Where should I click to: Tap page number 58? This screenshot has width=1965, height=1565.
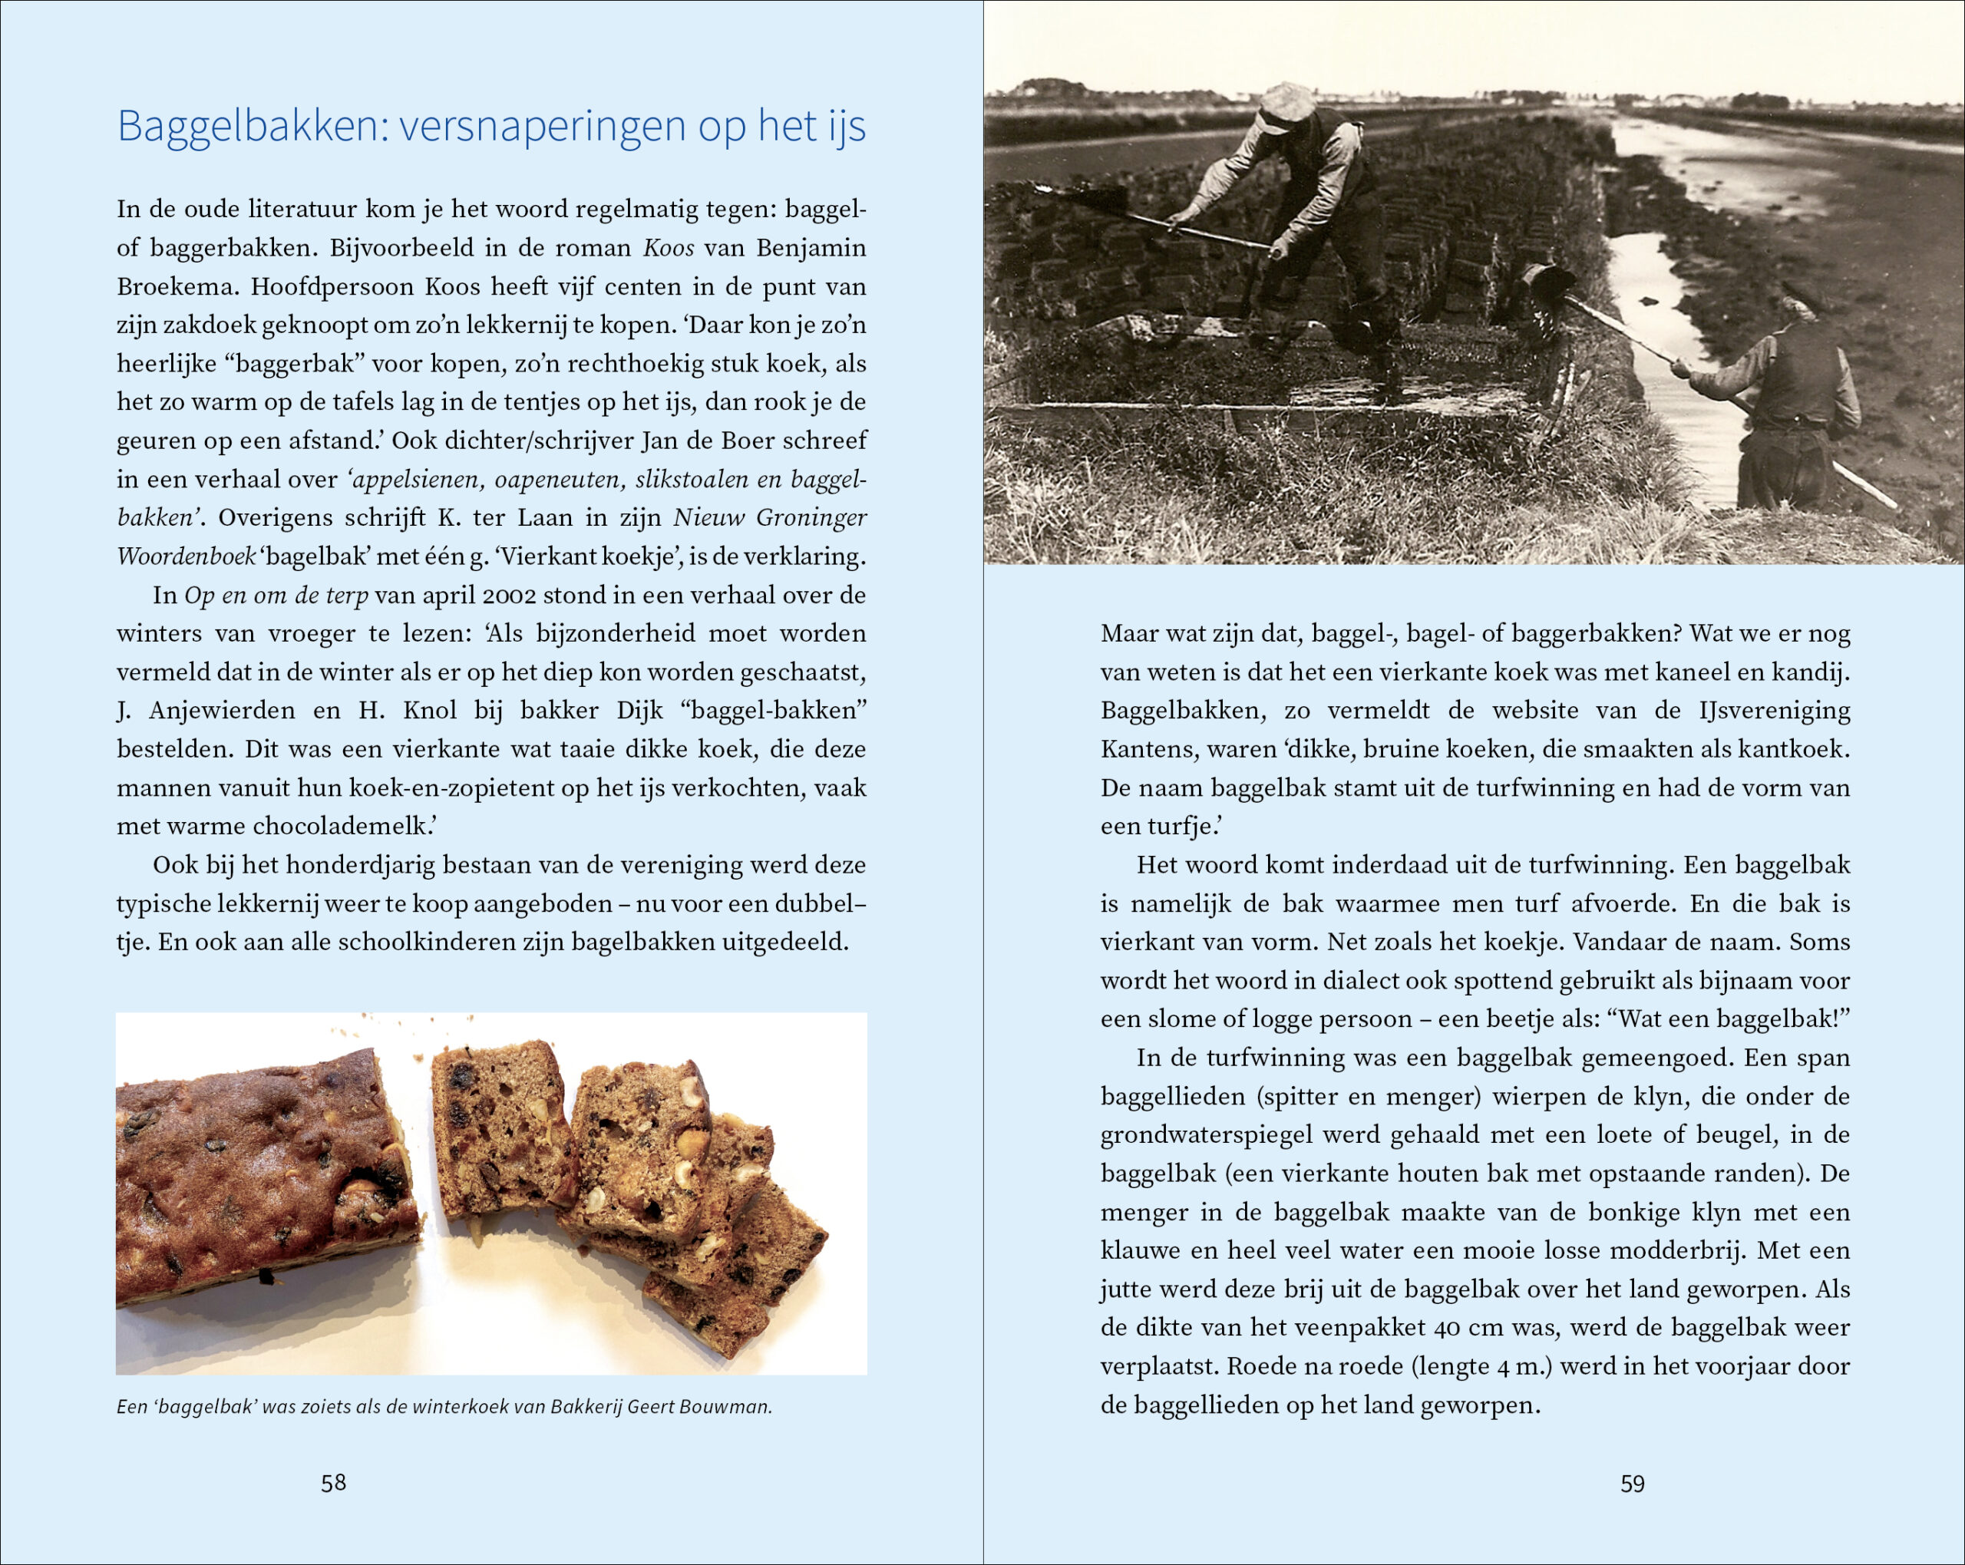pos(334,1483)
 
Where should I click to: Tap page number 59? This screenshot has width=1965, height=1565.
pos(1633,1484)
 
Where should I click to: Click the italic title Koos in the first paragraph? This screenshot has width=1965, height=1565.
pos(668,248)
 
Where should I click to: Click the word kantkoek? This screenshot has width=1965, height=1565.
pos(1794,749)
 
